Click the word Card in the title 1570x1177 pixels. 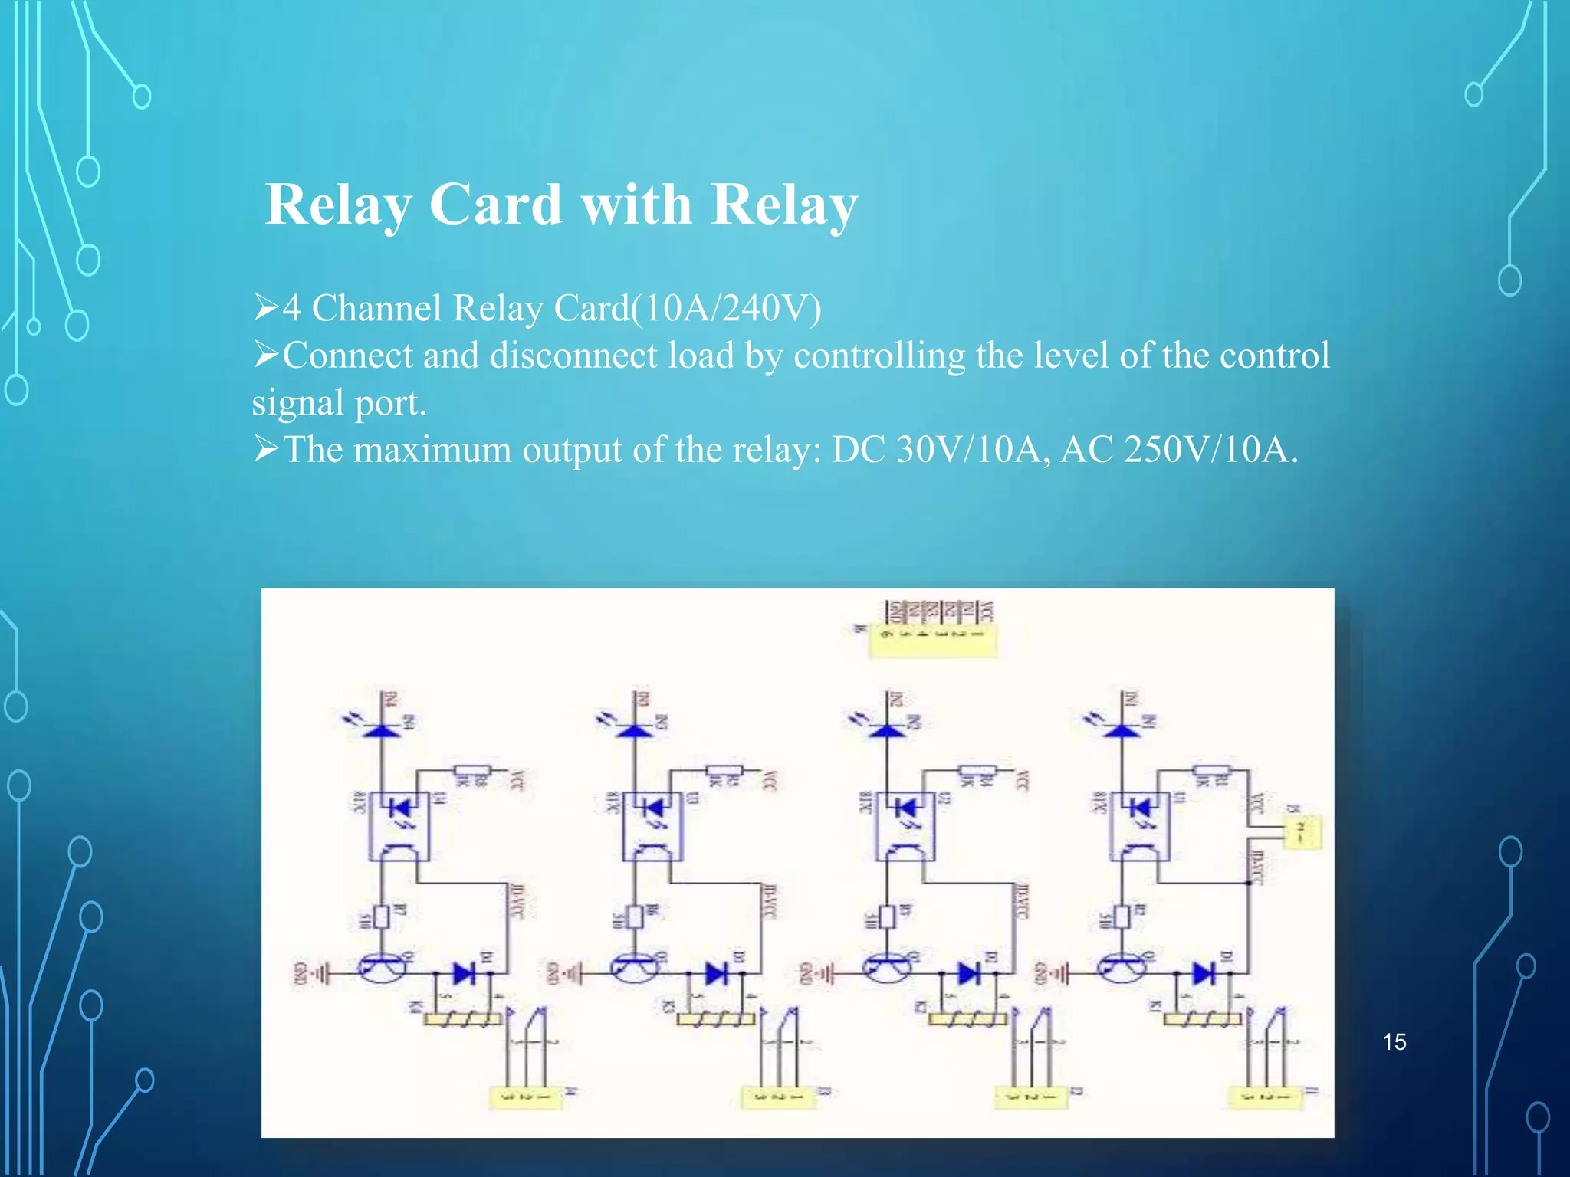click(x=495, y=205)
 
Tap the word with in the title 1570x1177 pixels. click(x=636, y=205)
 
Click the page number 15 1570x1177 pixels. click(x=1394, y=1042)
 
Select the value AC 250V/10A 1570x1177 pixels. click(x=1178, y=450)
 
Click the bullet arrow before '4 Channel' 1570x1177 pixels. click(x=266, y=308)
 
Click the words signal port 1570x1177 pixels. click(x=339, y=403)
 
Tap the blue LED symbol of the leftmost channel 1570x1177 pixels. click(x=382, y=728)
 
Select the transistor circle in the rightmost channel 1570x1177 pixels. click(x=1122, y=969)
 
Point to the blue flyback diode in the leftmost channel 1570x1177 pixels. click(x=465, y=974)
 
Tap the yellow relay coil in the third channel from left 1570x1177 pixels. click(x=967, y=1019)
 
